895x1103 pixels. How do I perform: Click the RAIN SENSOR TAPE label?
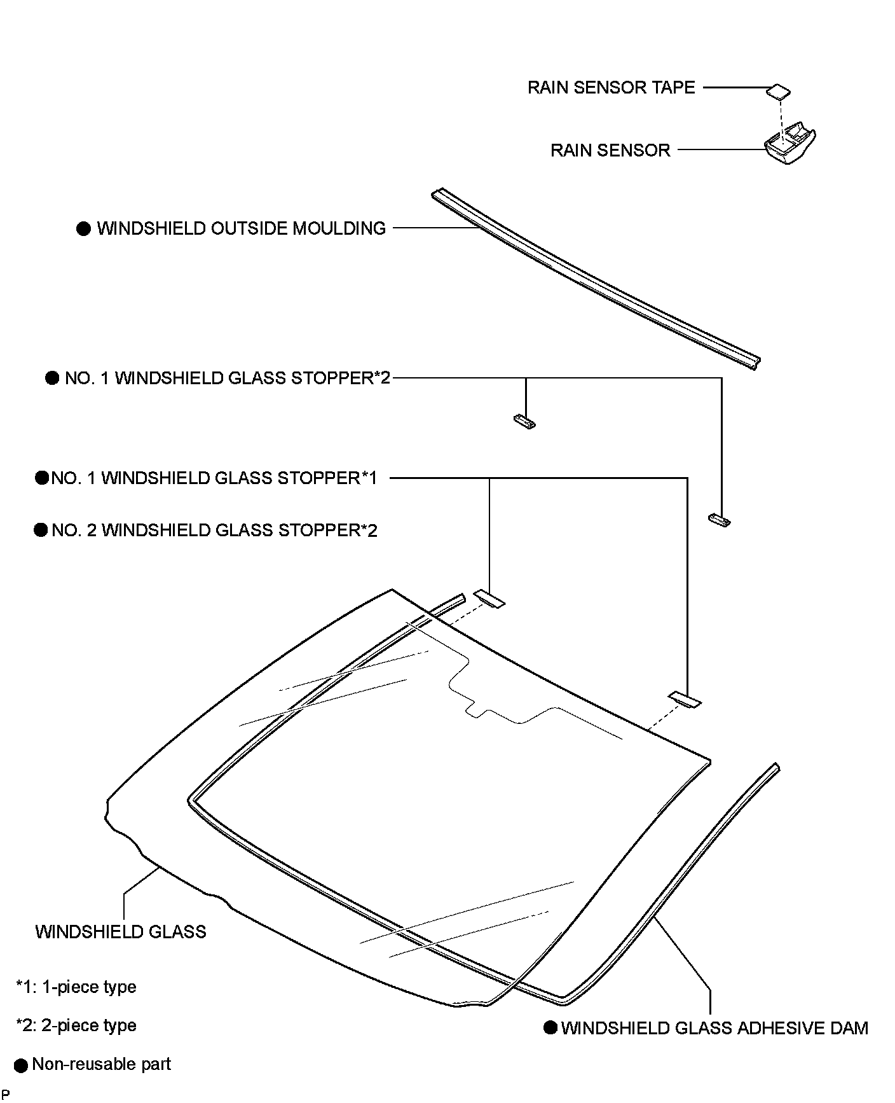point(611,87)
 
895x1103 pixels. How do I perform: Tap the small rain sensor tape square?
point(778,91)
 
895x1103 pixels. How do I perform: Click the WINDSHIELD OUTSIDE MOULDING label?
point(241,228)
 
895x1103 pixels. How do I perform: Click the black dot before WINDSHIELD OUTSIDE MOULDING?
point(84,229)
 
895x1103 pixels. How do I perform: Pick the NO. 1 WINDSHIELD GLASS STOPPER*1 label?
point(214,478)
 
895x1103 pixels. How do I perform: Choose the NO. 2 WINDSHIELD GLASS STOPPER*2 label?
point(214,530)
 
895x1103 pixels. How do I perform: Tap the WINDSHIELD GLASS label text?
point(121,932)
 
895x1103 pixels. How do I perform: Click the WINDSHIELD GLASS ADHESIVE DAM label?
point(714,1028)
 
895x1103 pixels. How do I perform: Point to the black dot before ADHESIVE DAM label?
point(550,1028)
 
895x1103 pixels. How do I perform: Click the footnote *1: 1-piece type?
point(76,987)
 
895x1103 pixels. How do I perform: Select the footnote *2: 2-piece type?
point(76,1025)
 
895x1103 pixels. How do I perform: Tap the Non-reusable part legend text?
point(102,1064)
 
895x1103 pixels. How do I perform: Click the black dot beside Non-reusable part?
point(21,1065)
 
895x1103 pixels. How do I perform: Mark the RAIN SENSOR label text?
point(610,150)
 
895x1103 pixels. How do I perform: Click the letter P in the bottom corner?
point(5,1095)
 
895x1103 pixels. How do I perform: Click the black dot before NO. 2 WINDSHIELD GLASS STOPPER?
point(41,530)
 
